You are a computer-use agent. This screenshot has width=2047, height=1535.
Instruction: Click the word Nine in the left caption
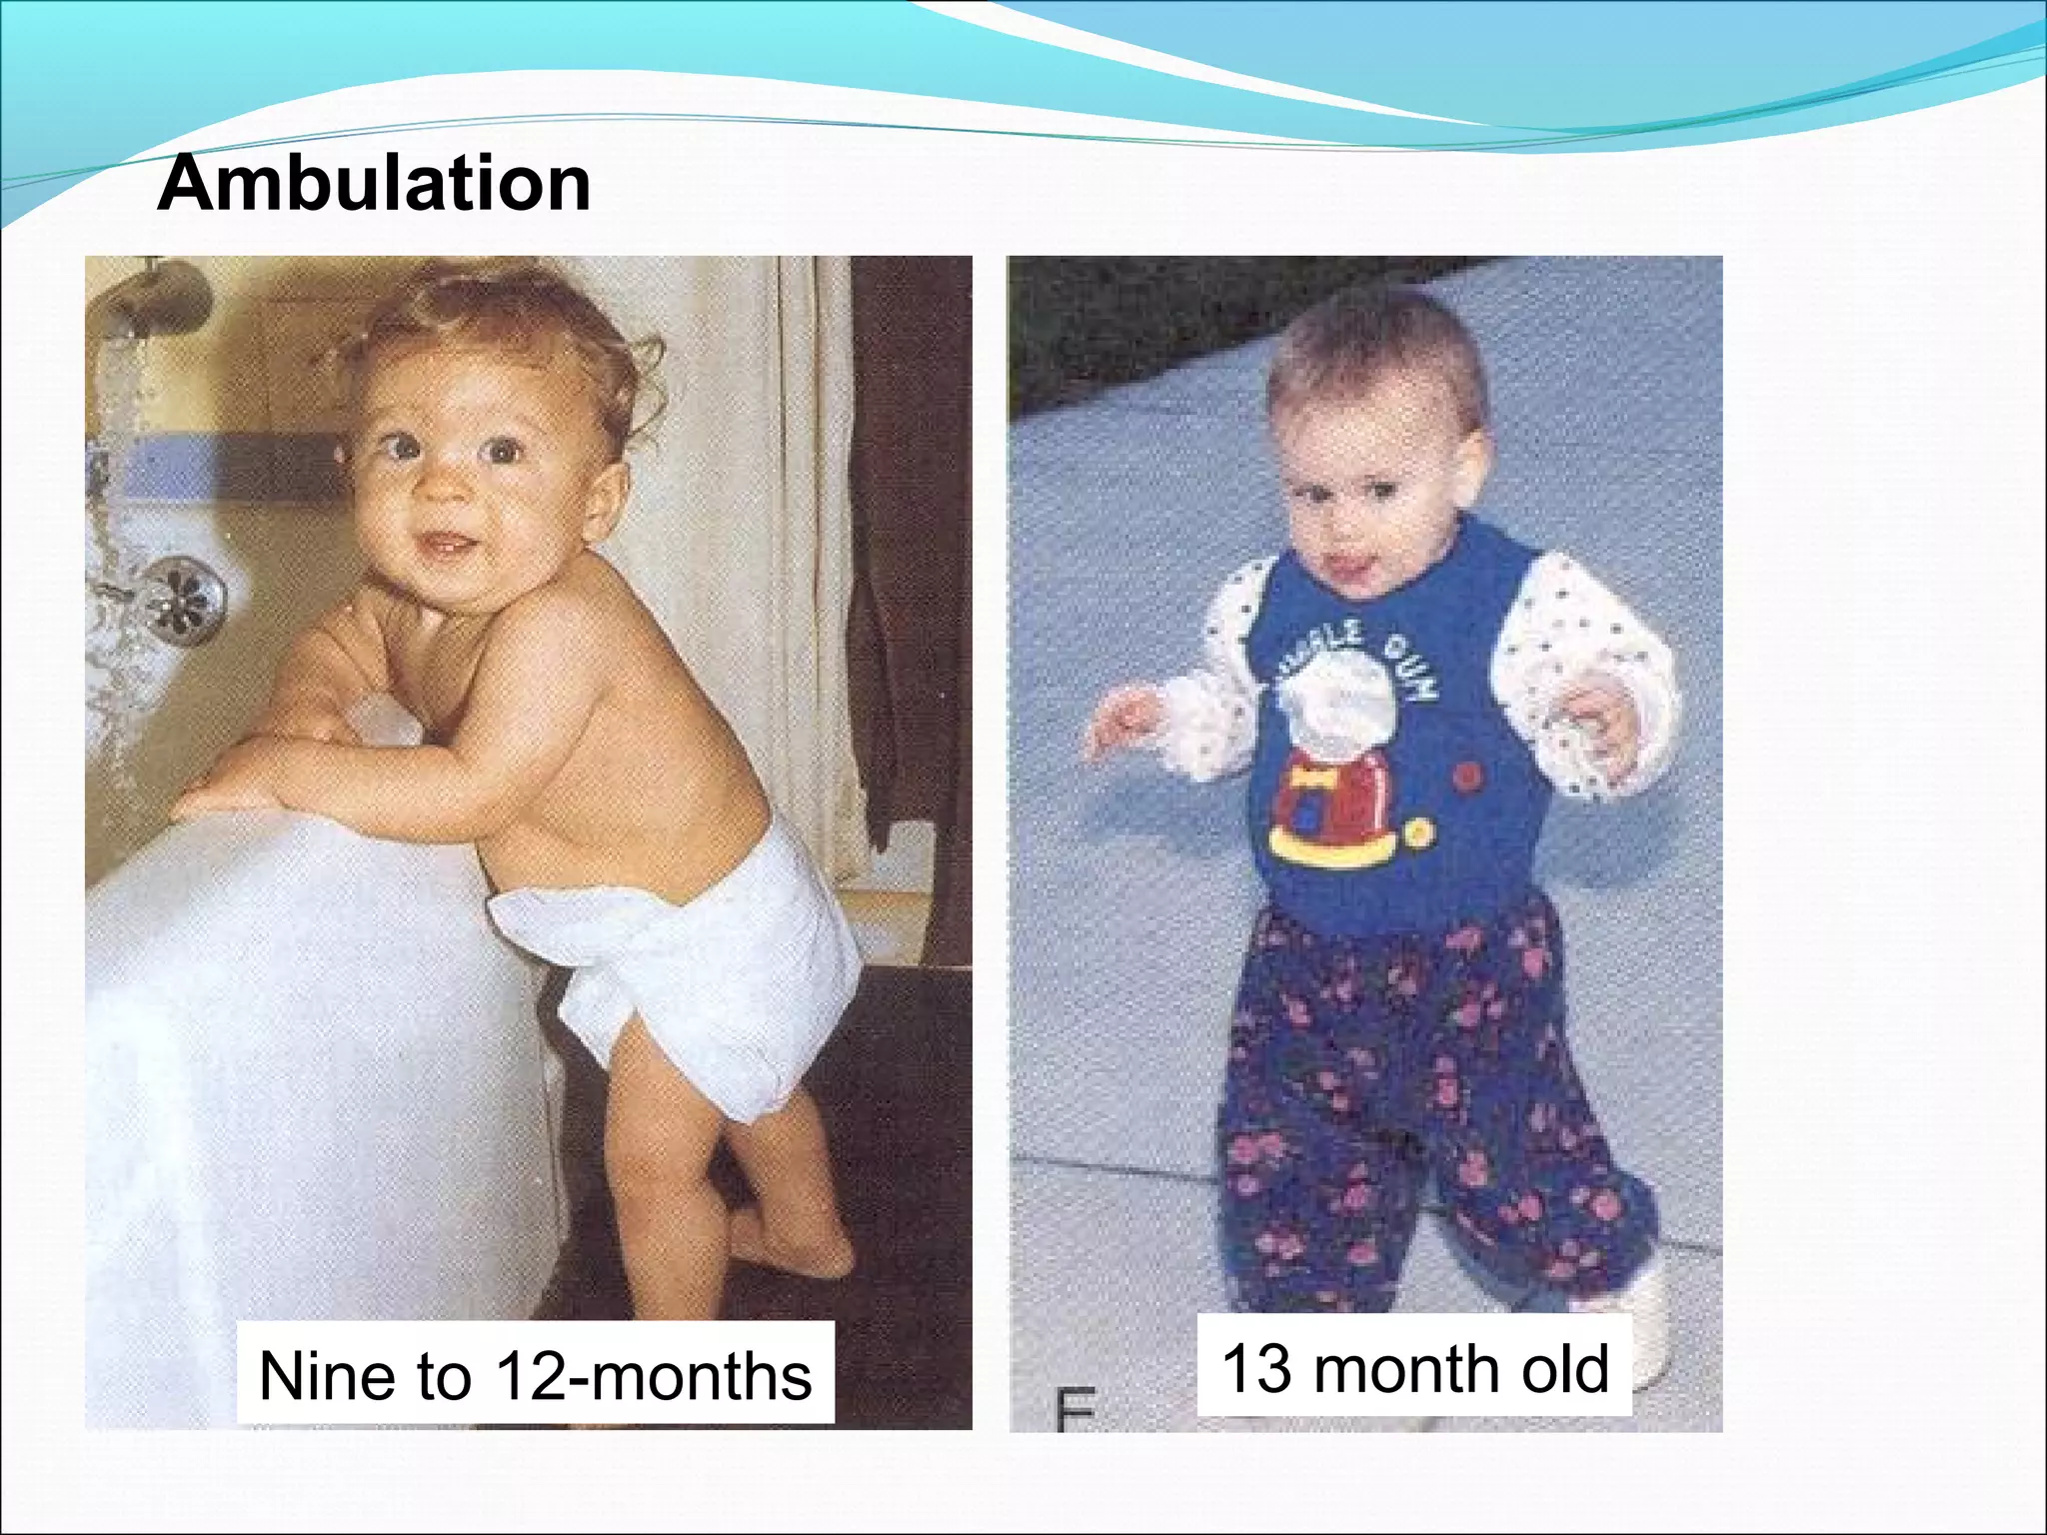325,1376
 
